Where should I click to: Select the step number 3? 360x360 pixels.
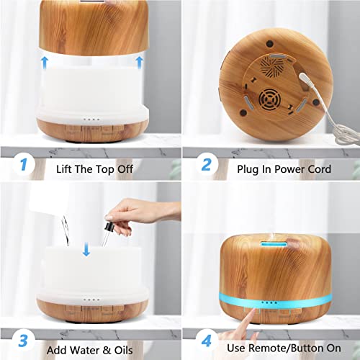pyautogui.click(x=23, y=338)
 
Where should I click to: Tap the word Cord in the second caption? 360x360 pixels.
pyautogui.click(x=317, y=168)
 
